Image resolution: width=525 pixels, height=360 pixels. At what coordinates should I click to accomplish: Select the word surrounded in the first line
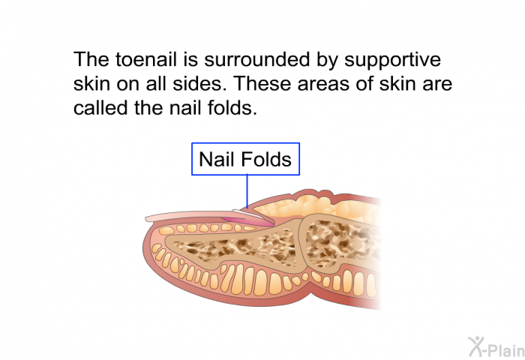[256, 59]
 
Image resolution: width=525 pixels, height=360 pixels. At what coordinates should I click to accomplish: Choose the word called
[101, 108]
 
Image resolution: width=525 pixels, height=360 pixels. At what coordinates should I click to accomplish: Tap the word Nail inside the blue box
[214, 159]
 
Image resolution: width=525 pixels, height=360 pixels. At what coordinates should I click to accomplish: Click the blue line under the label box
[247, 191]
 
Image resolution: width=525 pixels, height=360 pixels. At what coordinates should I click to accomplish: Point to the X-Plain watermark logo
[496, 346]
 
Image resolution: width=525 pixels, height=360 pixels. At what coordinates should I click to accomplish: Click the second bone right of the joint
[341, 244]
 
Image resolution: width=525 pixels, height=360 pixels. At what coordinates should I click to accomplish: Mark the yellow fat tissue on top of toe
[318, 207]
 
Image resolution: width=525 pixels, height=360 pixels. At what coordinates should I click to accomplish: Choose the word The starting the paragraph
[91, 59]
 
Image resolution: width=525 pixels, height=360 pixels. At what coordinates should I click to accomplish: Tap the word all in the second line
[156, 84]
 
